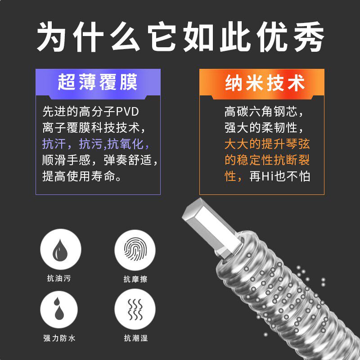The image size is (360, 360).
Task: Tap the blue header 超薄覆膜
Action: (x=98, y=83)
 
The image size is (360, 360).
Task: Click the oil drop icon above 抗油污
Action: (x=61, y=249)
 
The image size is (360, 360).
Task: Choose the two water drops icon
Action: (x=61, y=309)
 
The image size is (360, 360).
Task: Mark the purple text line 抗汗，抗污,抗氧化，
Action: (x=95, y=144)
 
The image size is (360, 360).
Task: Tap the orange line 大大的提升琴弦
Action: (x=267, y=144)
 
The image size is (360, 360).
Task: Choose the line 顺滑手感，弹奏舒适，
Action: (x=100, y=160)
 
